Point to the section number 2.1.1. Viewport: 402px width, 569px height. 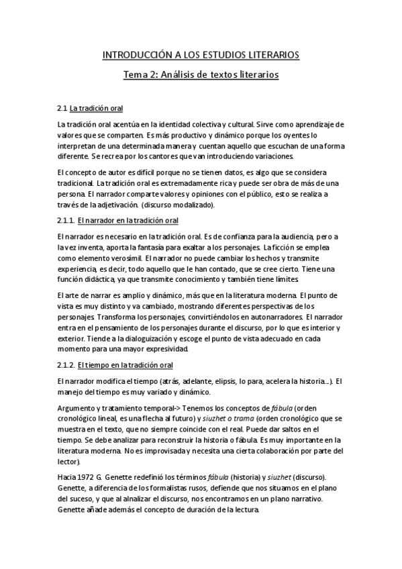[66, 219]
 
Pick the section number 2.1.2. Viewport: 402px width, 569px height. [66, 365]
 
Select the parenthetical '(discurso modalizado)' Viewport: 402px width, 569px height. [181, 205]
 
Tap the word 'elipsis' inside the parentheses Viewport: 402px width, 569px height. [232, 381]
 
